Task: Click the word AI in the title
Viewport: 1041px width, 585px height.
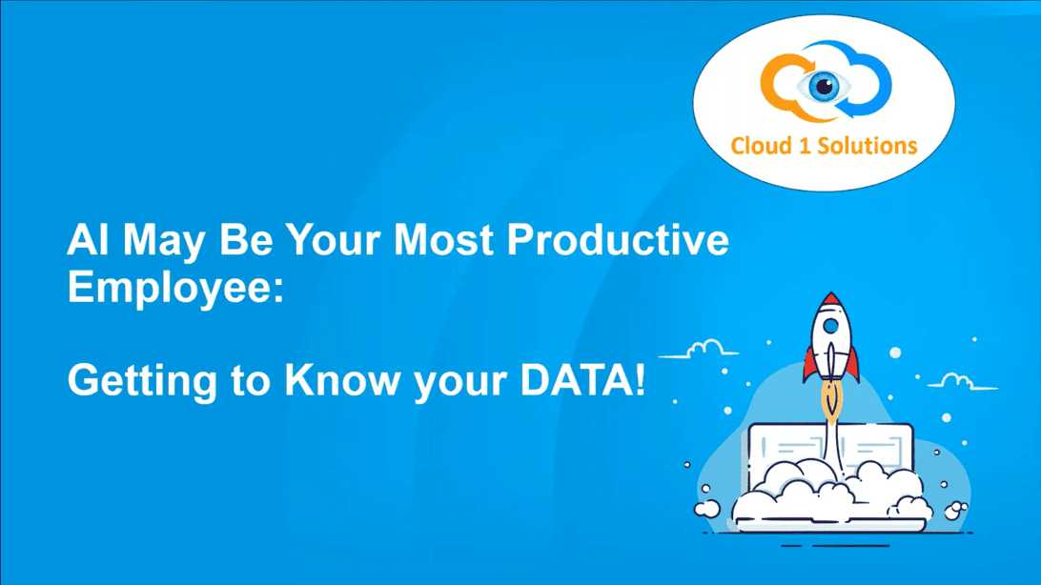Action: (x=87, y=239)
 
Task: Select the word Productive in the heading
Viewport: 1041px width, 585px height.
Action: (x=618, y=239)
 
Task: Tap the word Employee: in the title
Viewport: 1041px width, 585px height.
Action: (x=175, y=289)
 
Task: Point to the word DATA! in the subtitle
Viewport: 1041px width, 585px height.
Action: (x=582, y=380)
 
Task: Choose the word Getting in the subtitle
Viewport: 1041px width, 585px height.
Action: (x=142, y=382)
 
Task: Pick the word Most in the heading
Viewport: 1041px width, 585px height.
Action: (x=443, y=239)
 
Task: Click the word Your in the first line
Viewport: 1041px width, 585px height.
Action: (x=334, y=239)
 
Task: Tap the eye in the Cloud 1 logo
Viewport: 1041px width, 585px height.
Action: (x=825, y=86)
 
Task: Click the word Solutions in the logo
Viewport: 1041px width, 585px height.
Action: (x=867, y=145)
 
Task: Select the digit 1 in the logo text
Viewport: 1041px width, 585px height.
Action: (x=805, y=145)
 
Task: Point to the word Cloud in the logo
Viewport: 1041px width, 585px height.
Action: (x=762, y=145)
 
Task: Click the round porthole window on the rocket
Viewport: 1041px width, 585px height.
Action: (x=830, y=327)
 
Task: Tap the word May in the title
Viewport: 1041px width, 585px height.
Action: (x=164, y=242)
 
